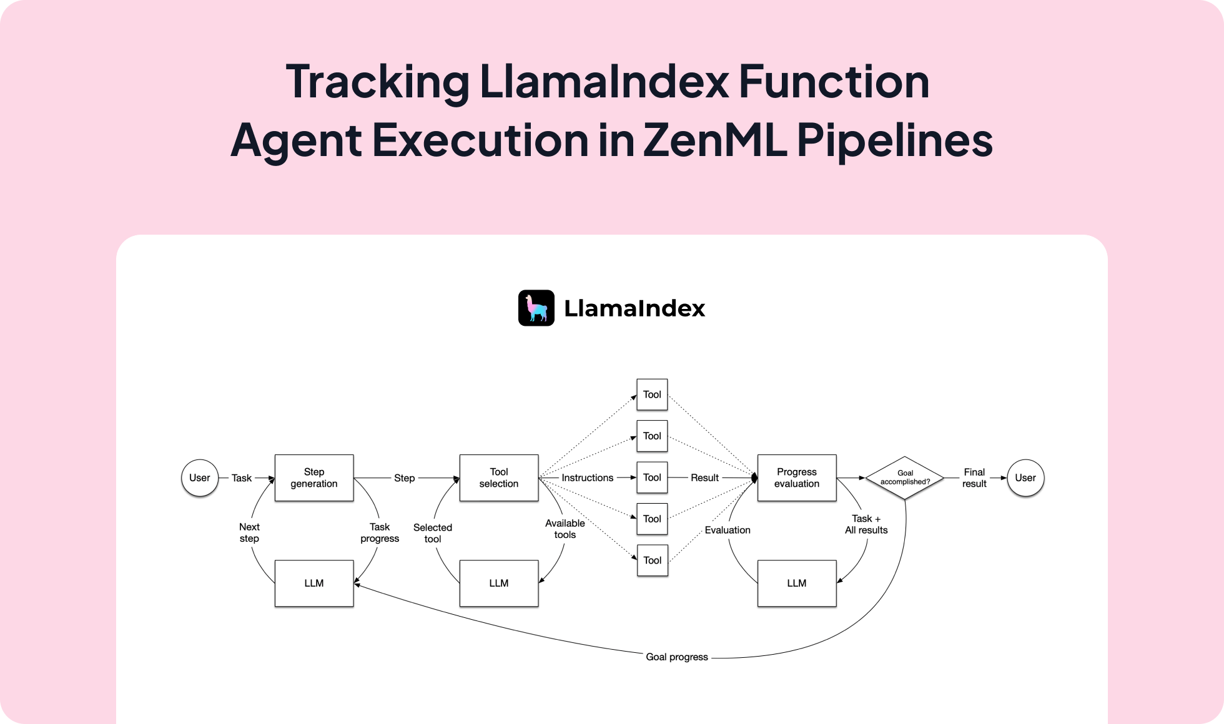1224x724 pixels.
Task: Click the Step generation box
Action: click(314, 477)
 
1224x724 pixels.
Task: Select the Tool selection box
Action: click(499, 477)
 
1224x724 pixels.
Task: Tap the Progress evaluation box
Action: click(797, 477)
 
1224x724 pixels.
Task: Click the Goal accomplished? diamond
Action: click(905, 477)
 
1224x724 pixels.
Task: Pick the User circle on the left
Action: click(200, 477)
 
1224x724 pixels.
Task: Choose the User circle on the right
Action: click(1025, 477)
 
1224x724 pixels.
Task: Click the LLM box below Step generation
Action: click(314, 583)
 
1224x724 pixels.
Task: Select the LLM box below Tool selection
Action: click(499, 583)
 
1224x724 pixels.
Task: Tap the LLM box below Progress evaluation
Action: click(797, 583)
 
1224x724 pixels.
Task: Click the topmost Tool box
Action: click(652, 394)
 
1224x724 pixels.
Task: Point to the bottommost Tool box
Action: click(652, 560)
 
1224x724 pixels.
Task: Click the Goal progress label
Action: click(677, 657)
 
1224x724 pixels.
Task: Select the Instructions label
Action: click(587, 477)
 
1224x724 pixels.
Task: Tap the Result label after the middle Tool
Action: click(704, 477)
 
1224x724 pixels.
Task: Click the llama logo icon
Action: click(536, 308)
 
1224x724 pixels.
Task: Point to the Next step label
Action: click(249, 532)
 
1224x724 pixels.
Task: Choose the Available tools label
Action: click(565, 529)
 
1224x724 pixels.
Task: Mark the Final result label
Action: click(974, 477)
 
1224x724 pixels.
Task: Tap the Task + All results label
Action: click(866, 524)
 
